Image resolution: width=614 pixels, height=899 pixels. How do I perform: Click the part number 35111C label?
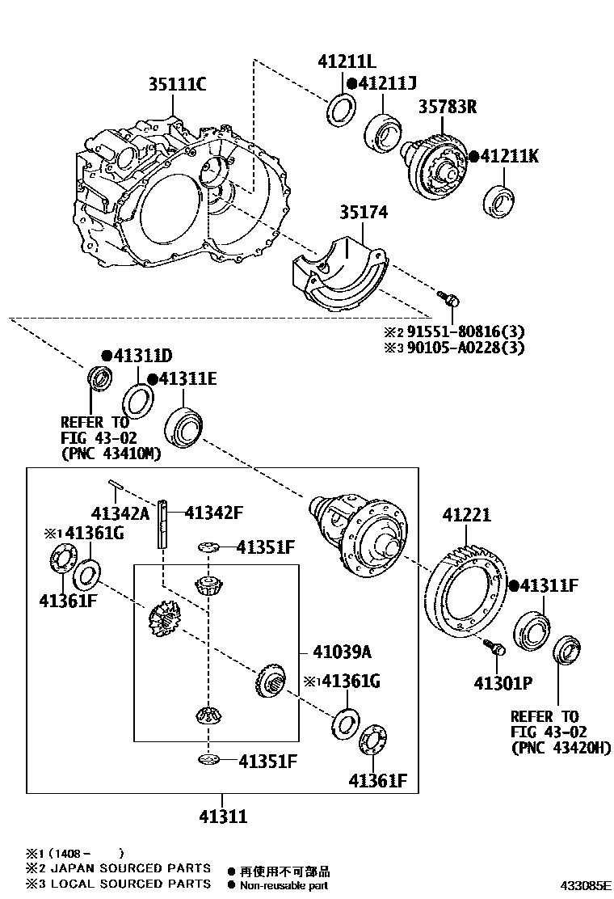pos(177,84)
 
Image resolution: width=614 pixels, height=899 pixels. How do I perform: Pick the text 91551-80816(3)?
pos(466,331)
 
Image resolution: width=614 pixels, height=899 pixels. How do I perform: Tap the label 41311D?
pos(142,356)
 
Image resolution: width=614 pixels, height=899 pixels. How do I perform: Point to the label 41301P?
pos(503,683)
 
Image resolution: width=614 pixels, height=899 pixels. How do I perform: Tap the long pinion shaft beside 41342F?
pos(163,525)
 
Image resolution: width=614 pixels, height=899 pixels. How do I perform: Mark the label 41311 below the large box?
pos(223,817)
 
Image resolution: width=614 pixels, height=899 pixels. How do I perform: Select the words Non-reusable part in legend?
pos(283,885)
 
